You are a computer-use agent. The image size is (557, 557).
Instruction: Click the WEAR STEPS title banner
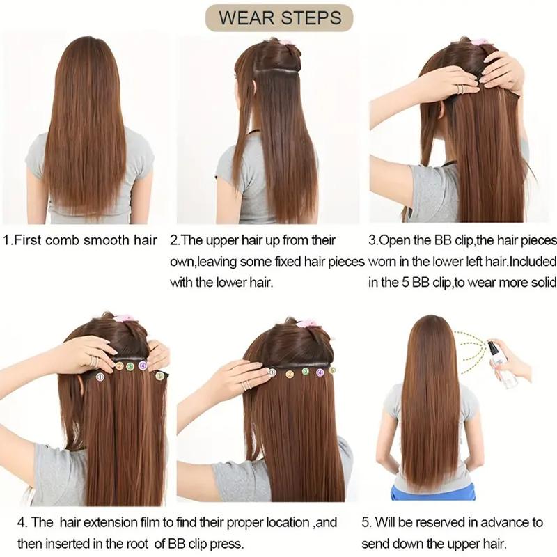coord(279,17)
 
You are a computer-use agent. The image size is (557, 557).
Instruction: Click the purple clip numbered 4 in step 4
coord(142,365)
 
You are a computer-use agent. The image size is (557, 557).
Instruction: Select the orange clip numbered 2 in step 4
coord(119,366)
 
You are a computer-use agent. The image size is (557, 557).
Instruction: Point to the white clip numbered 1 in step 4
coord(99,377)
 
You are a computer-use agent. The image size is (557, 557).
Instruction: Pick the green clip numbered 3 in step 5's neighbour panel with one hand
coord(305,372)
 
